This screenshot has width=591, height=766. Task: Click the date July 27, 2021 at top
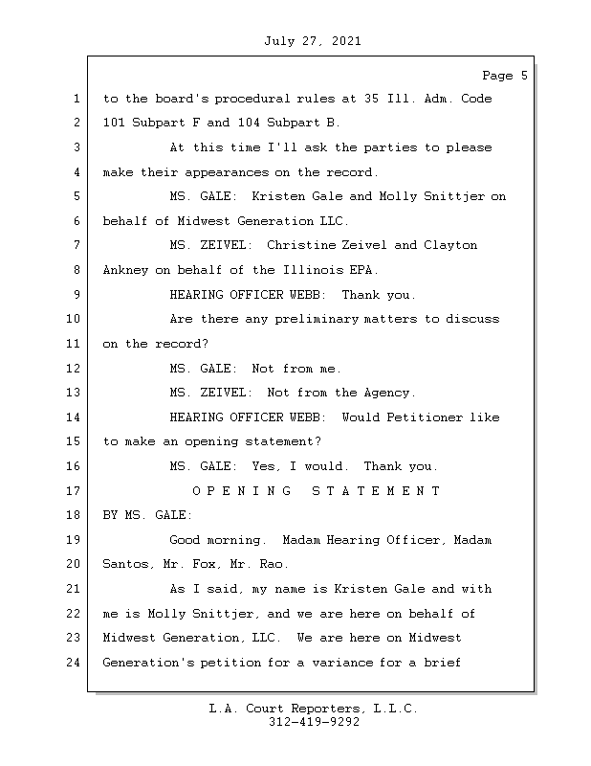313,41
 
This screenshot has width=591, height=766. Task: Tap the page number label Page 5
505,76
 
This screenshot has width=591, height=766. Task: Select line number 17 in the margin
73,490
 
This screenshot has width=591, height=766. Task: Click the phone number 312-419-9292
314,722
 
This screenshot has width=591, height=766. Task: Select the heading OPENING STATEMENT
317,490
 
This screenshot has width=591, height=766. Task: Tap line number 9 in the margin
77,295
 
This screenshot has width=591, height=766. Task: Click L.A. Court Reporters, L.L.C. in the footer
314,709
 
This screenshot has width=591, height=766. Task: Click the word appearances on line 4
227,172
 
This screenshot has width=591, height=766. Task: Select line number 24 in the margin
73,663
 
